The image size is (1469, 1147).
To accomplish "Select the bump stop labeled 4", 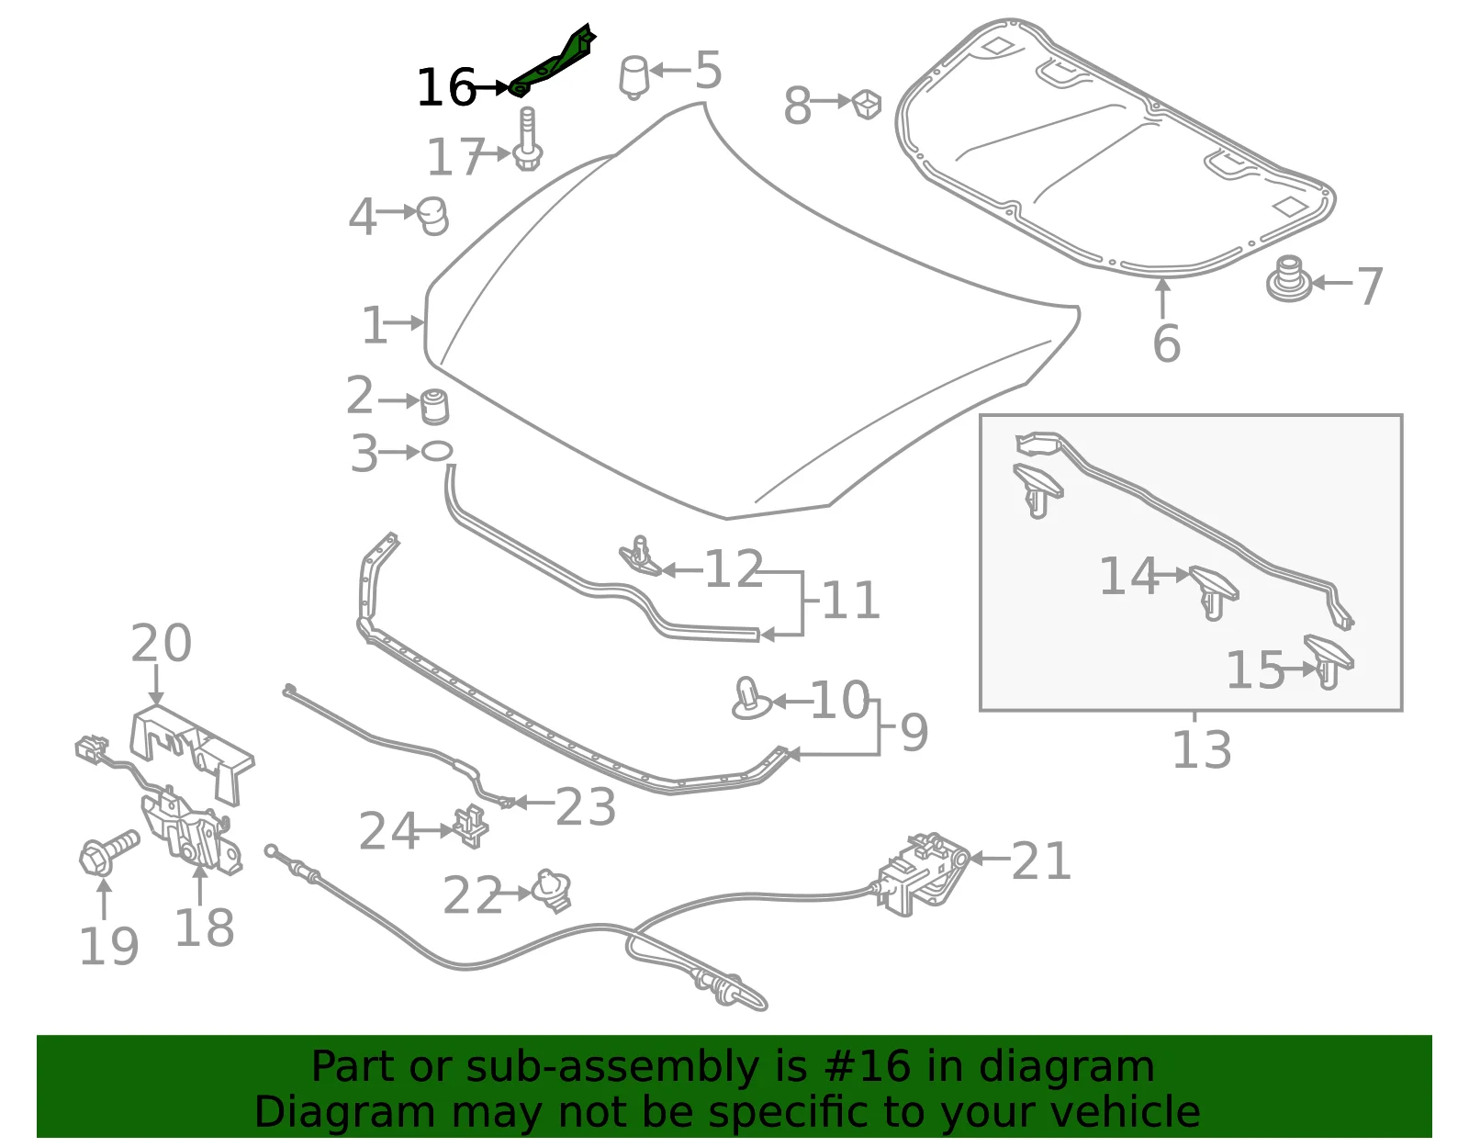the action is coord(432,217).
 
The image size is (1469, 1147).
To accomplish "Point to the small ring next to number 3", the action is coord(437,451).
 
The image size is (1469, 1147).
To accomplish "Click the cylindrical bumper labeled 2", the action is coord(434,406).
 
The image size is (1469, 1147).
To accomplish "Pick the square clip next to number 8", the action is coord(866,104).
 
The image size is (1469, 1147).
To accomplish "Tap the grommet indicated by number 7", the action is coord(1288,278).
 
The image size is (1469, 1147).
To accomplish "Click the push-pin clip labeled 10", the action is coord(750,699).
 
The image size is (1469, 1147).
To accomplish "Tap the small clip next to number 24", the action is coord(471,826).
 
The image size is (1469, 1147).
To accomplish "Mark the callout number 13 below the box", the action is coord(1201,749).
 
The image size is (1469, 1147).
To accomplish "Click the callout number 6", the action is coord(1166,343).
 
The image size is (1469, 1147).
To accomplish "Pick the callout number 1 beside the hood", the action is coord(374,325).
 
